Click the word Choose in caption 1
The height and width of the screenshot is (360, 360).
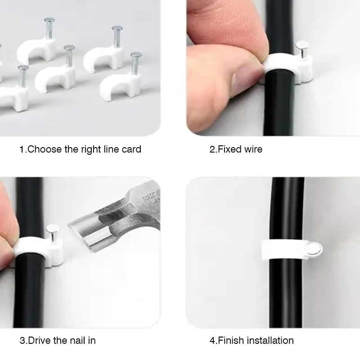(x=45, y=149)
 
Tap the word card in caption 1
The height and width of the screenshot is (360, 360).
(x=131, y=149)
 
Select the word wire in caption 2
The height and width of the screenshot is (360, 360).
(x=253, y=149)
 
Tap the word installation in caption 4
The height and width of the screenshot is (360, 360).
(x=270, y=340)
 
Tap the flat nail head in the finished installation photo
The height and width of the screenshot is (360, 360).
(x=314, y=249)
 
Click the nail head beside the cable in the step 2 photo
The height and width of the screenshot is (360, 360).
(x=302, y=45)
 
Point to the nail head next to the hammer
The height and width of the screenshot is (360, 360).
(x=52, y=229)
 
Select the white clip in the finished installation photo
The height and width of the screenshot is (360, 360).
(x=285, y=250)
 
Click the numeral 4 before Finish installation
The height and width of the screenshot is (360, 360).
(x=212, y=340)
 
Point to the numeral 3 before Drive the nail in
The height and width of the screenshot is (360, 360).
(x=22, y=340)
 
